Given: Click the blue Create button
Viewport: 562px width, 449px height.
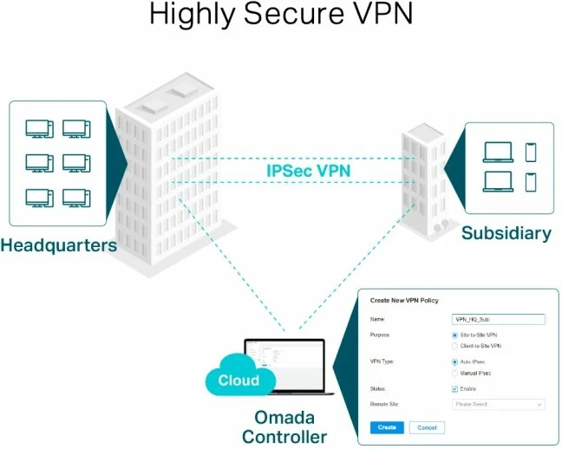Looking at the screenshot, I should point(386,427).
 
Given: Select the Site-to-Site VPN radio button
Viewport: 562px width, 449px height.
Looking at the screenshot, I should point(455,335).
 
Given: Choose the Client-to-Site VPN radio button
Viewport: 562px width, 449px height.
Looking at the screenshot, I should point(455,346).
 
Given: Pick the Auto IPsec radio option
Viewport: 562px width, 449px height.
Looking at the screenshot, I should point(455,361).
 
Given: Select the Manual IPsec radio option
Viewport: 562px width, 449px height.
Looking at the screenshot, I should point(455,374).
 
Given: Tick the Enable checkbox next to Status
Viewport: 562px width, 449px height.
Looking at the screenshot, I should point(455,389).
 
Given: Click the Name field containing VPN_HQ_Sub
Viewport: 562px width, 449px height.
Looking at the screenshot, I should point(499,319).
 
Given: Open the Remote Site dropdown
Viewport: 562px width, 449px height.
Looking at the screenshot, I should point(499,404).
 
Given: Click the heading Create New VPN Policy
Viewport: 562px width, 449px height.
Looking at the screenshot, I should point(404,300).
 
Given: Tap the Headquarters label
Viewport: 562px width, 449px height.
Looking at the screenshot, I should point(58,245).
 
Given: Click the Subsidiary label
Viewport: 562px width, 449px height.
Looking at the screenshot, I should point(506,233).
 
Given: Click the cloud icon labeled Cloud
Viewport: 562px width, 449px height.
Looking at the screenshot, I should point(239,379).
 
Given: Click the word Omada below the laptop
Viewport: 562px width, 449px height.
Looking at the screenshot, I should point(284,419).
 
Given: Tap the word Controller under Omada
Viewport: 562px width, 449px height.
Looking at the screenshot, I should point(284,437).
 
